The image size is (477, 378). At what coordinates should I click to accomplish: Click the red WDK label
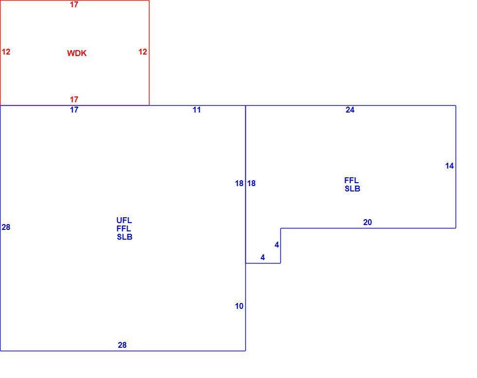coord(77,53)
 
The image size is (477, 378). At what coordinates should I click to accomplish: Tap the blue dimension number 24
coord(350,110)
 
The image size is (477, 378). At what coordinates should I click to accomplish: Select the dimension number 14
coord(449,166)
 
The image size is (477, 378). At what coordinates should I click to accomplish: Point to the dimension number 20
coord(367,223)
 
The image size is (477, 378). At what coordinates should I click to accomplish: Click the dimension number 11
coord(197,110)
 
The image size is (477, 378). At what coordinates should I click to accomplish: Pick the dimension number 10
coord(239,306)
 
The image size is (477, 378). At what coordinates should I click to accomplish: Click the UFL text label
coord(124,220)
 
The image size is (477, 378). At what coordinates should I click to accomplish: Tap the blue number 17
coord(74,110)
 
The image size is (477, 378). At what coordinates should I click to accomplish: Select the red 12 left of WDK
coord(6,52)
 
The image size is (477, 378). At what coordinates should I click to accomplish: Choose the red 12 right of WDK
coord(143,52)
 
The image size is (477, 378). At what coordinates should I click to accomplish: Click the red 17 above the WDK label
coord(74,4)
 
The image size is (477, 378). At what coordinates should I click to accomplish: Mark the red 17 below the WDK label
coord(74,99)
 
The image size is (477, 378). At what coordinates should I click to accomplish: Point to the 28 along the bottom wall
coord(122,345)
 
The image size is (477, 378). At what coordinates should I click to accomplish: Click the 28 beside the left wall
coord(6,227)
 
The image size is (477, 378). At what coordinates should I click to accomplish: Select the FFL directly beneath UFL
coord(124,228)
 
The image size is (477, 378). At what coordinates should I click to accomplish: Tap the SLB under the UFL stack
coord(125,237)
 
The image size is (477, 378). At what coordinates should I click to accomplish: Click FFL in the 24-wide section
coord(351,181)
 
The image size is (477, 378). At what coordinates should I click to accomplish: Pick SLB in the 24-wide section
coord(352,189)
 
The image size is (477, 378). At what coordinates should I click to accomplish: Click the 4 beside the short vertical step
coord(276,245)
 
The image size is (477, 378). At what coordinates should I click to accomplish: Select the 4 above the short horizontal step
coord(262,258)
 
